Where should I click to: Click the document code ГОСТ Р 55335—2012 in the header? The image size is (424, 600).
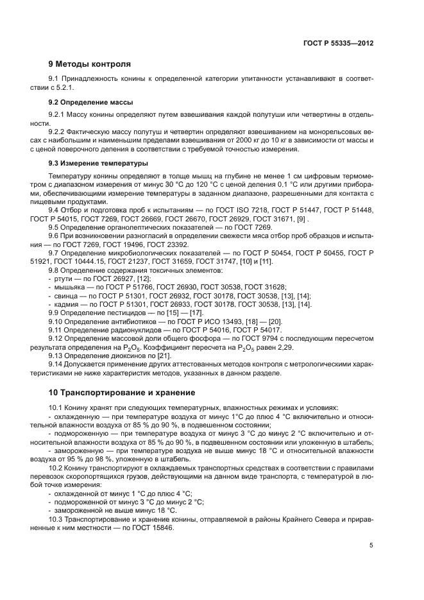click(x=337, y=42)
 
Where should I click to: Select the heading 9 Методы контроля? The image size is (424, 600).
click(x=90, y=64)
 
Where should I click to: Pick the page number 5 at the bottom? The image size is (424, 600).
click(x=371, y=545)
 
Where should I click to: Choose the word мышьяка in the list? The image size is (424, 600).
click(x=70, y=287)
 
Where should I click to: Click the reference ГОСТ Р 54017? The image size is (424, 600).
click(x=248, y=329)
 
